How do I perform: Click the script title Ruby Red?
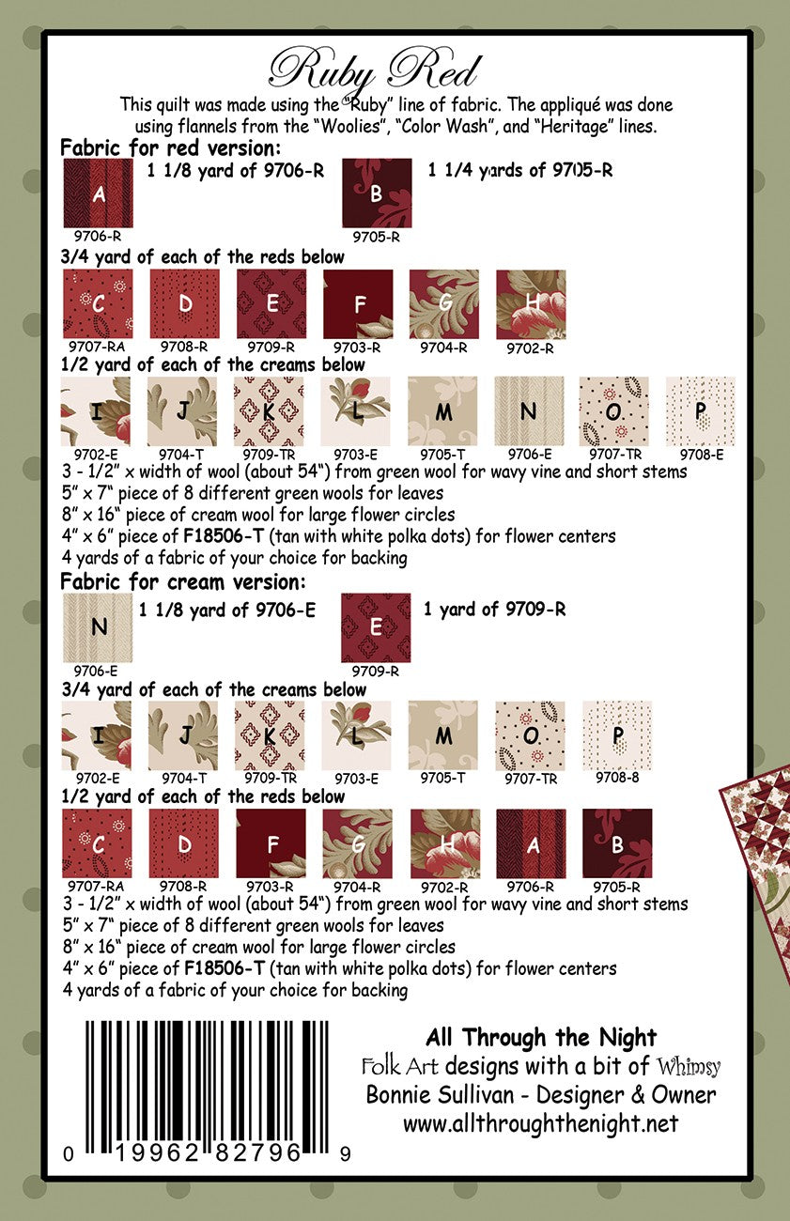[x=374, y=70]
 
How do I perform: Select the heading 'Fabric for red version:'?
[x=170, y=147]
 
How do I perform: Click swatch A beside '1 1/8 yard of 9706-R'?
[x=99, y=193]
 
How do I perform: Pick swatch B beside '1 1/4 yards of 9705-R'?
[x=377, y=193]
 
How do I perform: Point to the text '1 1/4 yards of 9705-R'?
[x=520, y=171]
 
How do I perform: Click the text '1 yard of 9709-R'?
[x=494, y=609]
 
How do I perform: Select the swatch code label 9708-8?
[x=617, y=778]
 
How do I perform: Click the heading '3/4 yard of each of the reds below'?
[x=202, y=256]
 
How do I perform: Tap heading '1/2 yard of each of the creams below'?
[x=212, y=364]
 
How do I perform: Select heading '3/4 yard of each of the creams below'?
[x=212, y=689]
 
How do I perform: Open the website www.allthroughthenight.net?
[x=540, y=1123]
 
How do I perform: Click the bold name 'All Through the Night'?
[x=541, y=1038]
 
